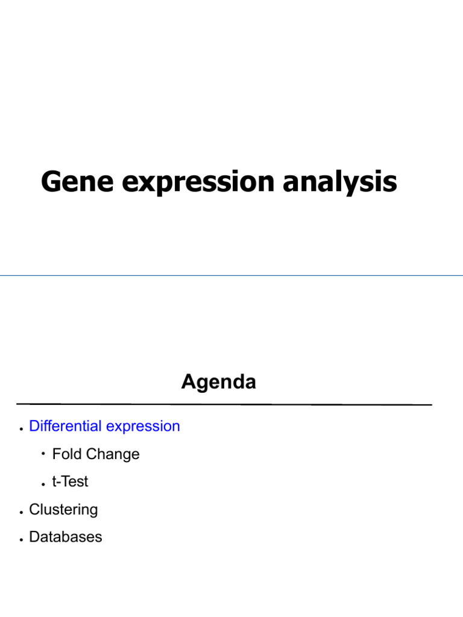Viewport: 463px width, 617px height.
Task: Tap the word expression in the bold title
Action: [198, 183]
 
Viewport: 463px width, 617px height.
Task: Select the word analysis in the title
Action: [340, 182]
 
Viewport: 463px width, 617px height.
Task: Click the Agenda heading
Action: [218, 381]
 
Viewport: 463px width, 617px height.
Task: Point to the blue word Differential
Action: [65, 426]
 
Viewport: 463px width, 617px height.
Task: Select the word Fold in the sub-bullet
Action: [67, 454]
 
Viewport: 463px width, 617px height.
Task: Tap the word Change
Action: [113, 454]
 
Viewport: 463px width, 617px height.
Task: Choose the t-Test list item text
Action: [70, 481]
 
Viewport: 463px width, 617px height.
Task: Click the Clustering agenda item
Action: [63, 510]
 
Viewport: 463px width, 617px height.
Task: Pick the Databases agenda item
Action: [65, 537]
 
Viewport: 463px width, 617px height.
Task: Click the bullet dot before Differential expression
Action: [21, 429]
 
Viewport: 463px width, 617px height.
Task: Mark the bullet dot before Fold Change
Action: [43, 454]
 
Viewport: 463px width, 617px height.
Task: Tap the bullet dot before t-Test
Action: [43, 484]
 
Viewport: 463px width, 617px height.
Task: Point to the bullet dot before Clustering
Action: [21, 512]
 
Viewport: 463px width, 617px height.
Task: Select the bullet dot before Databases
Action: [21, 540]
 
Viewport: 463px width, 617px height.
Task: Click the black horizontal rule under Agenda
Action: [224, 404]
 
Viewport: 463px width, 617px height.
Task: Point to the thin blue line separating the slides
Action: [231, 275]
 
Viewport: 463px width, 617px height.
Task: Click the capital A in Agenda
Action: [189, 381]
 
